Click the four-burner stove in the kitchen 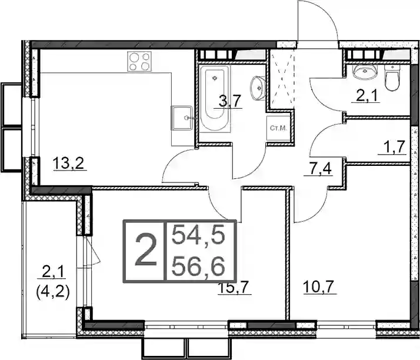tap(139, 61)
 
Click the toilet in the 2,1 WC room tap(392, 76)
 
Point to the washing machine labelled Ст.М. tap(278, 128)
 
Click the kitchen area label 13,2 tap(69, 163)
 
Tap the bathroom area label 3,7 tap(228, 102)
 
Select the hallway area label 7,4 tap(318, 169)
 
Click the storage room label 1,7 tap(392, 148)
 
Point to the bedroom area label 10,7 tap(320, 288)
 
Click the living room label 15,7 tap(235, 288)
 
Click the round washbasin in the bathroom tap(258, 88)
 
